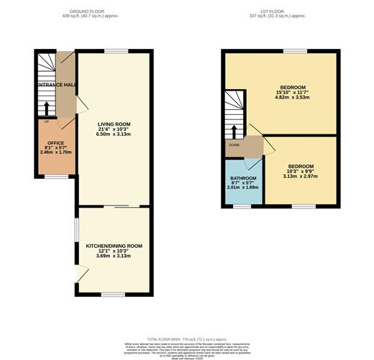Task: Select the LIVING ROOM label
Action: pyautogui.click(x=114, y=124)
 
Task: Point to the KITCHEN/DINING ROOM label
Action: pyautogui.click(x=114, y=246)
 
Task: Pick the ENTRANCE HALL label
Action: pyautogui.click(x=57, y=85)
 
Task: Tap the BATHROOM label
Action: pyautogui.click(x=243, y=177)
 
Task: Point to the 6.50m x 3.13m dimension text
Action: pyautogui.click(x=114, y=134)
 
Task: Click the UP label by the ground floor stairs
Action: pyautogui.click(x=46, y=121)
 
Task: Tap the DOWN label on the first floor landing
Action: pyautogui.click(x=234, y=144)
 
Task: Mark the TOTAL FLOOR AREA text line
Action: pyautogui.click(x=186, y=338)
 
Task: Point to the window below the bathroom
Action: pyautogui.click(x=241, y=206)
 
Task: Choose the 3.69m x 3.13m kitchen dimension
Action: pyautogui.click(x=114, y=256)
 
